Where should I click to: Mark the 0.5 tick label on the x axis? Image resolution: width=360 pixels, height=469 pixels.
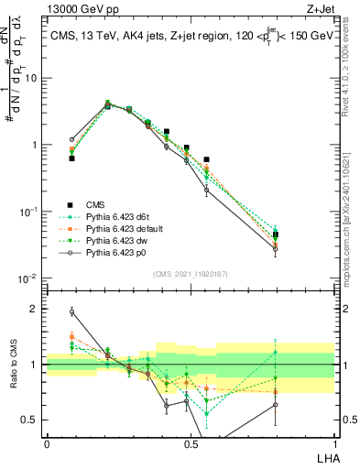191,443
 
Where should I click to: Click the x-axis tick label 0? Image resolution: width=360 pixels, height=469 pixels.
47,443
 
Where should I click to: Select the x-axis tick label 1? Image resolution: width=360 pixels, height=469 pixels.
334,443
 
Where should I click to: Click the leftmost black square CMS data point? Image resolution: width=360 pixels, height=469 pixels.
71,158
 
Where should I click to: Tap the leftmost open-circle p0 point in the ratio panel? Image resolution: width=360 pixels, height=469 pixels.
71,311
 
